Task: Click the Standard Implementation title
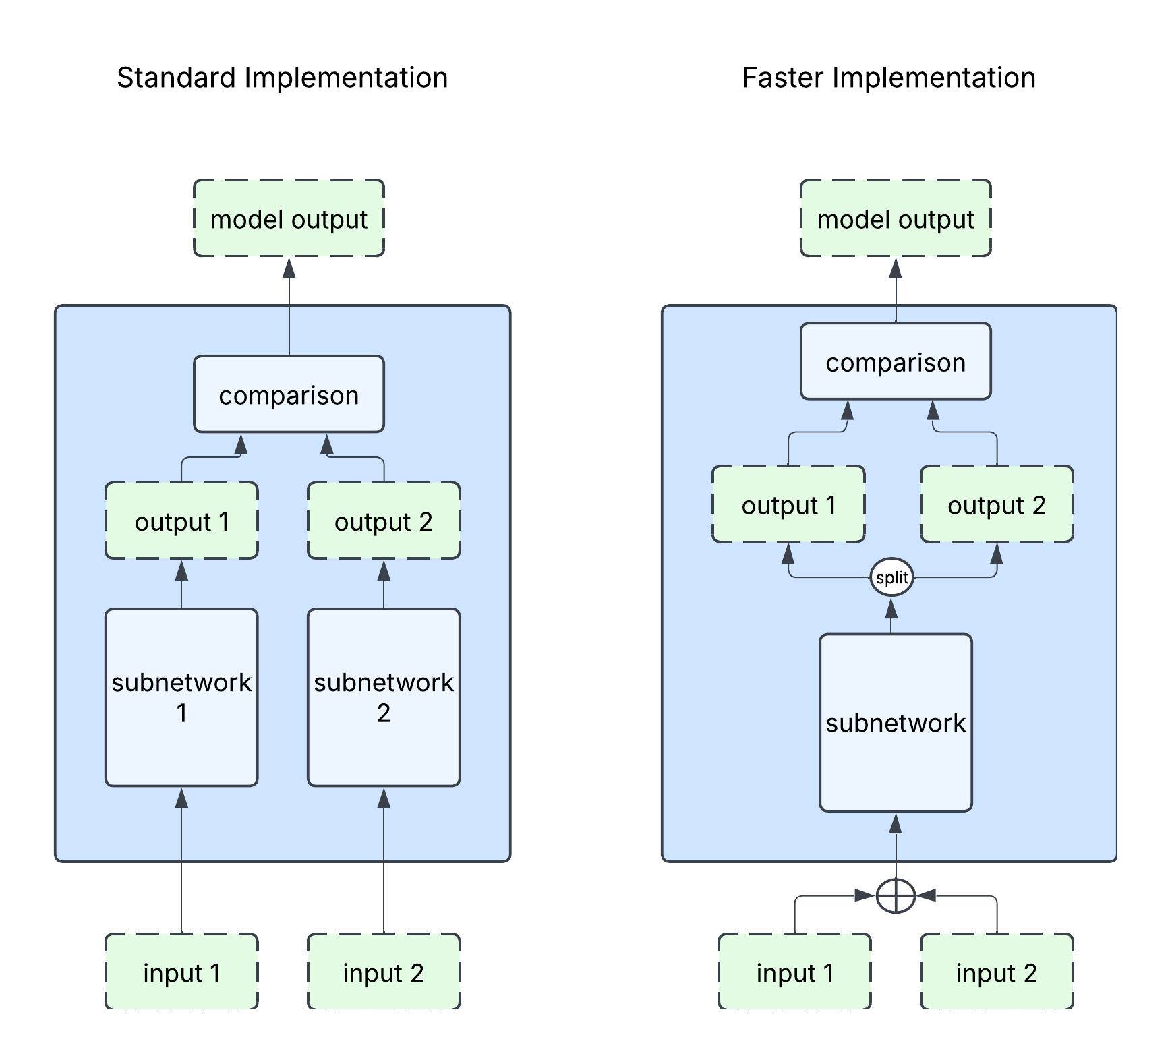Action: pos(282,78)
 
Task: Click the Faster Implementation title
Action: pos(888,78)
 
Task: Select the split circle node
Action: pos(891,578)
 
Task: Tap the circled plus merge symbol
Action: pos(896,896)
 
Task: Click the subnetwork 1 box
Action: pos(181,697)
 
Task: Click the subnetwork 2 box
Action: pos(384,697)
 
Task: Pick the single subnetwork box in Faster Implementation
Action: pos(896,722)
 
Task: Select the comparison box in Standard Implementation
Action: pos(289,394)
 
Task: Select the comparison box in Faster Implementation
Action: pos(896,361)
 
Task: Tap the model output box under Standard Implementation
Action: pos(289,218)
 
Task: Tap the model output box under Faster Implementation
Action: pos(896,218)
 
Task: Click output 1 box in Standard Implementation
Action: pos(181,521)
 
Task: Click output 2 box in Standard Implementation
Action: pos(384,521)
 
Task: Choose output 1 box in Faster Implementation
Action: pos(788,504)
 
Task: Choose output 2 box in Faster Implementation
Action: pos(997,504)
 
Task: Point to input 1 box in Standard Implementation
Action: pos(181,972)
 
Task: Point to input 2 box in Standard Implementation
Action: pos(384,972)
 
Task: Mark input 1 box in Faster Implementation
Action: pos(794,972)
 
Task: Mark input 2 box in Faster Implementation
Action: pos(997,972)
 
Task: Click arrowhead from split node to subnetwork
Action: pos(891,608)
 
